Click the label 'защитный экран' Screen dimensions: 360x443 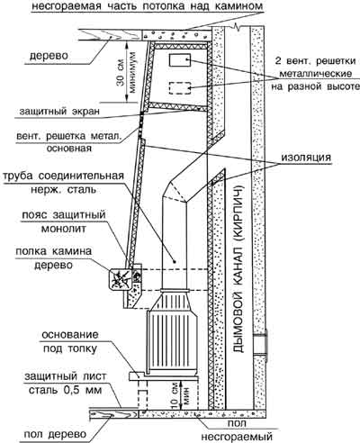coord(59,112)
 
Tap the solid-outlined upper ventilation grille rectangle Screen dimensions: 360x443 coord(180,60)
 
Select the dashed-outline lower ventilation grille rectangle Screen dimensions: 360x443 coord(180,88)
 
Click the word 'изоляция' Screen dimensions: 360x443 coord(306,157)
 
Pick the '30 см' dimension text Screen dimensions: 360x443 coord(121,77)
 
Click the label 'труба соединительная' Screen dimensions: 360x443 coord(63,176)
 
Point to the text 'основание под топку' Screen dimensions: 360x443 coord(70,341)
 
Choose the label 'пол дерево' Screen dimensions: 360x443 coord(55,434)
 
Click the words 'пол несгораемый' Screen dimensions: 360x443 coord(237,429)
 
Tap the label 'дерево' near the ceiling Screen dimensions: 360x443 coord(49,56)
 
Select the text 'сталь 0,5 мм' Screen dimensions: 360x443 coord(65,390)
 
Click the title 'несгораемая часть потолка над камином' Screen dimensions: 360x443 coord(147,5)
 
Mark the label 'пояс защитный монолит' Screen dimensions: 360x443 coord(64,221)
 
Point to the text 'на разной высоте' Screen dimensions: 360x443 coord(315,86)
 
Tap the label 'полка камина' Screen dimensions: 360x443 coord(54,251)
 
